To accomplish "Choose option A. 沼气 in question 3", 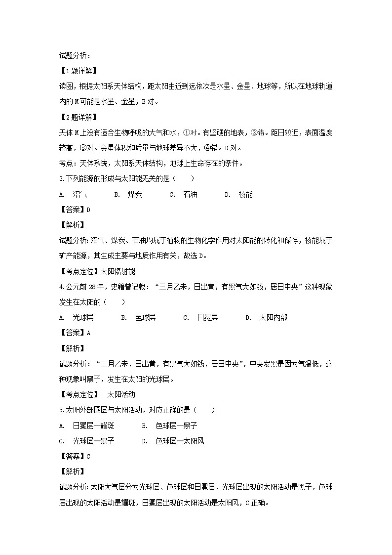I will coord(73,195).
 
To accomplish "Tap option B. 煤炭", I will coord(128,195).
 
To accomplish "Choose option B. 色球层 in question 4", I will coord(138,317).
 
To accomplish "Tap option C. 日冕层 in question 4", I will coord(200,317).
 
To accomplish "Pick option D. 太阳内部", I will coord(266,317).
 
